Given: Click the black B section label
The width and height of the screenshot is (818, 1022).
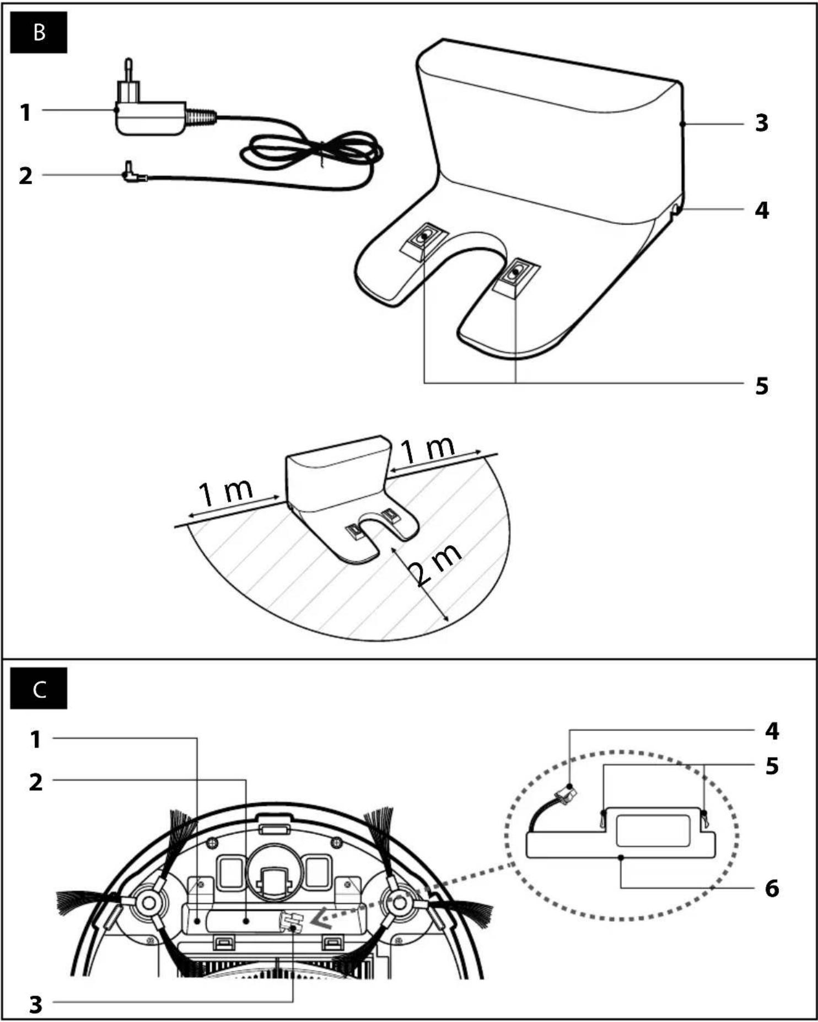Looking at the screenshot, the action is point(39,33).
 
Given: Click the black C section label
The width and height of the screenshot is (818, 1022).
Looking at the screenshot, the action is point(39,688).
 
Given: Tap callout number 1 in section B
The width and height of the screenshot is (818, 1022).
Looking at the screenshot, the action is point(25,112).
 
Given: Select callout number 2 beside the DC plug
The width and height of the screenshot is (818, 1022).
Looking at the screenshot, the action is point(25,176).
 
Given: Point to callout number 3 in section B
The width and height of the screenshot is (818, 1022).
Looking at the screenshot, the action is point(761,123).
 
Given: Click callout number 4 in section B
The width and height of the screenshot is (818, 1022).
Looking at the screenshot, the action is point(762,210).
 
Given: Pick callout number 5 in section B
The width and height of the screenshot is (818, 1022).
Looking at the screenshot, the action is point(762,386).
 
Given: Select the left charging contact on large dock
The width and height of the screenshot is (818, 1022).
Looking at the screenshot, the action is point(423,238).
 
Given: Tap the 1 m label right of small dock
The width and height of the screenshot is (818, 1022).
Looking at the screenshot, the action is point(428,449).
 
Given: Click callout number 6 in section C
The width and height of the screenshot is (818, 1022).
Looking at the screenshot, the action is point(772,888).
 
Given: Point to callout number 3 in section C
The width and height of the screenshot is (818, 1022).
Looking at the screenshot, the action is point(35,1004).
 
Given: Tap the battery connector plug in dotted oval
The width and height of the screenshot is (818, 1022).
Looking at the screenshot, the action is point(568,794).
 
